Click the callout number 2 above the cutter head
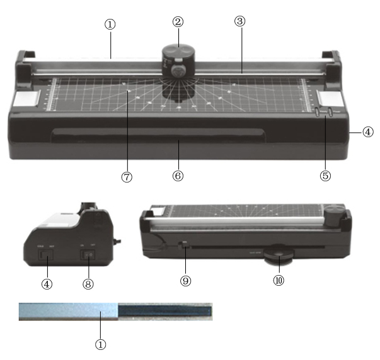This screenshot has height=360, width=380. [178, 21]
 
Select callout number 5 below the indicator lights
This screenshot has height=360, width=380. [325, 176]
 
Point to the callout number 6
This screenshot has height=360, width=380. [178, 177]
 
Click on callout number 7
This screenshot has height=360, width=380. [127, 177]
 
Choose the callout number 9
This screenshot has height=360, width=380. [186, 281]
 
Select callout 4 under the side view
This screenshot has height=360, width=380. [47, 283]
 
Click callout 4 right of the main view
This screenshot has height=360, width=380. [368, 133]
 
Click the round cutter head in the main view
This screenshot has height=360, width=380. [178, 60]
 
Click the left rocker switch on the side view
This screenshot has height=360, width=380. [46, 256]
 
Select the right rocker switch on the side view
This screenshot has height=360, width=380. [88, 256]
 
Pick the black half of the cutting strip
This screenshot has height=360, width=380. [165, 311]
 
